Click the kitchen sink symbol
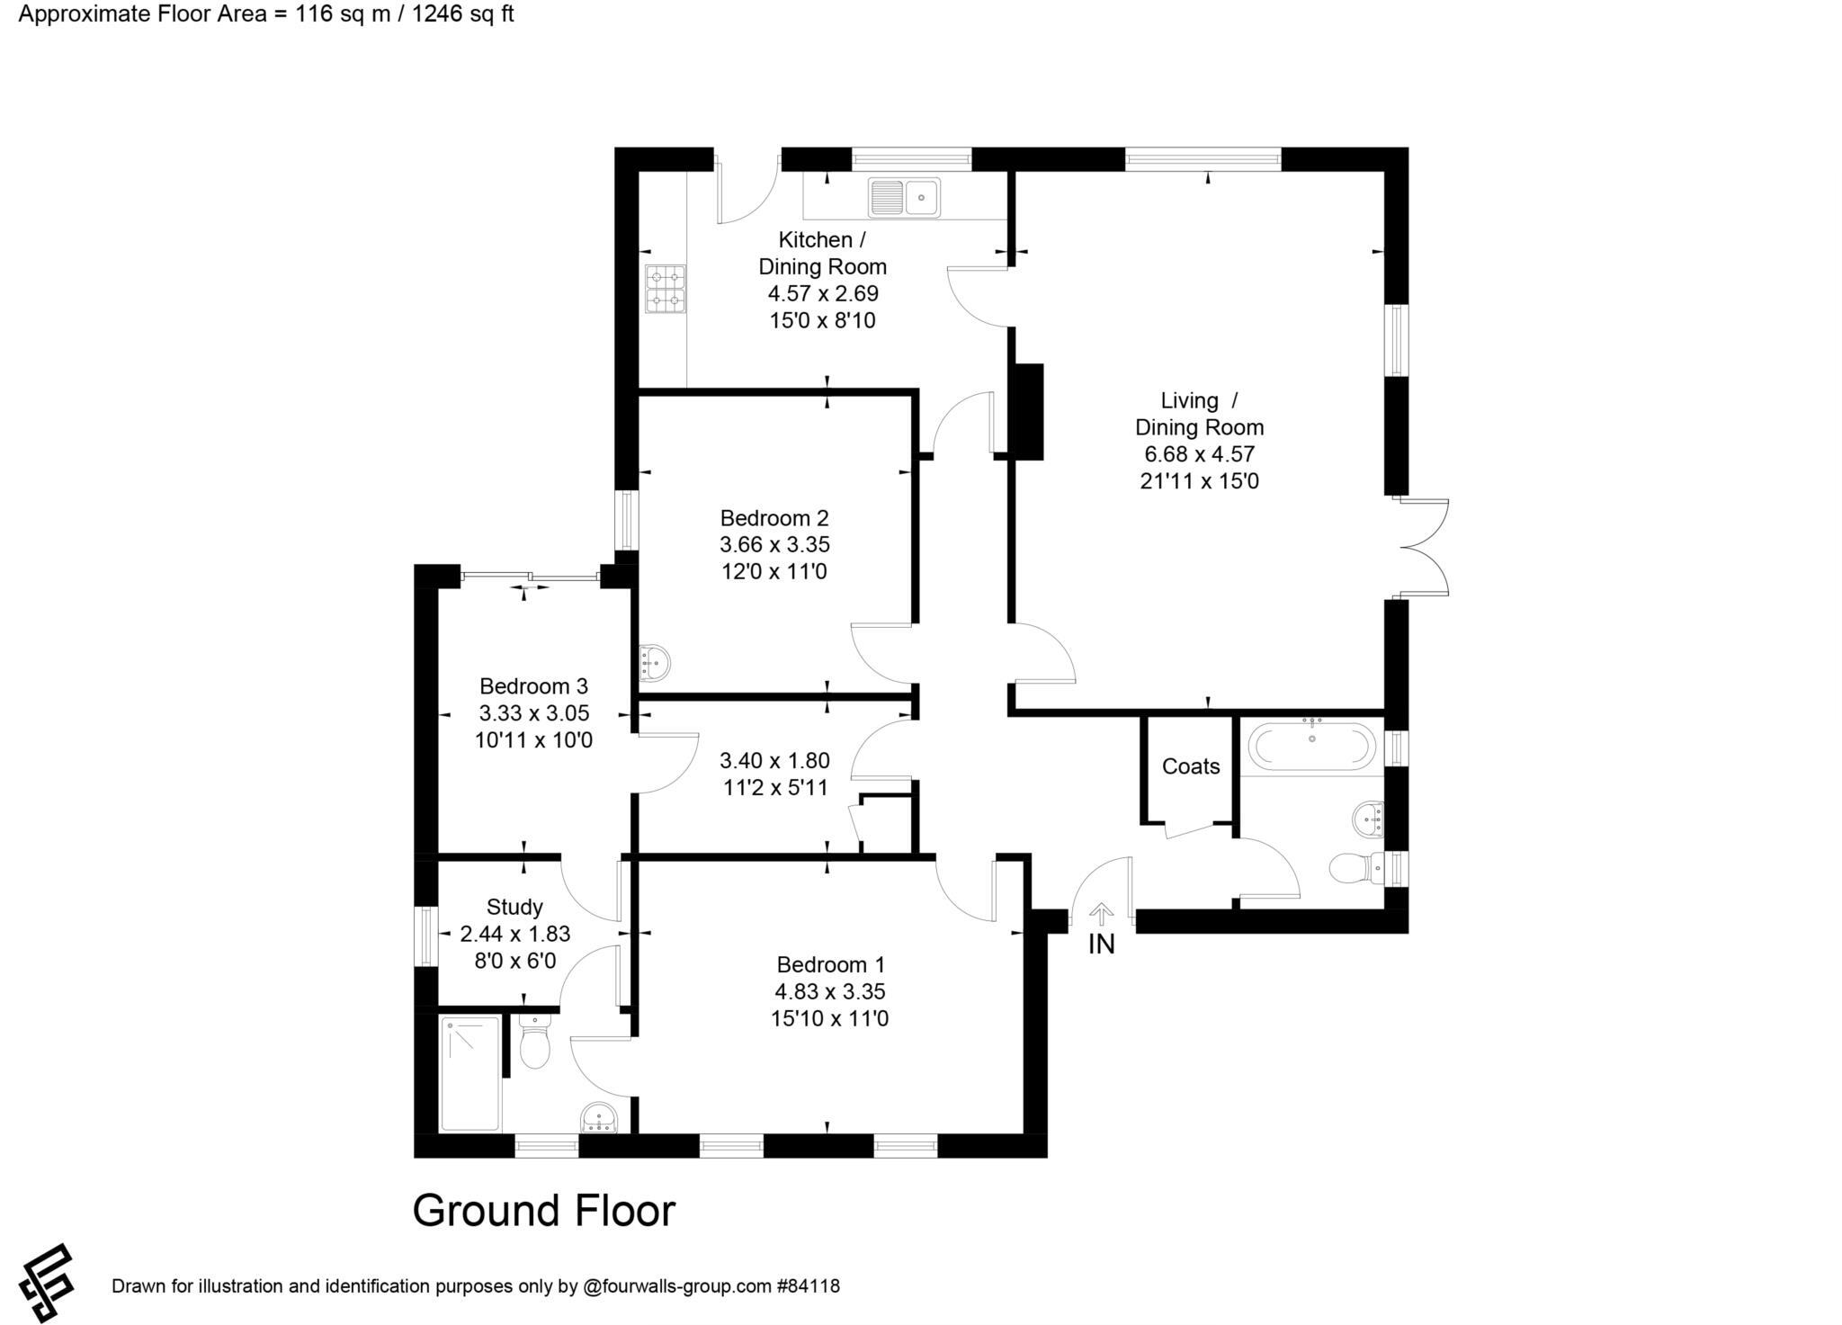tap(904, 197)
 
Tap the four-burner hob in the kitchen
tap(665, 289)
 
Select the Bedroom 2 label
tap(773, 518)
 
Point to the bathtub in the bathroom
tap(1311, 746)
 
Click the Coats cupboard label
tap(1190, 766)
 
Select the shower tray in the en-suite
tap(469, 1073)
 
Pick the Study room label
tap(514, 907)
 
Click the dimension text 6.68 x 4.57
tap(1199, 454)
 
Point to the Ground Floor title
tap(543, 1211)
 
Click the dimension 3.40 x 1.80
tap(774, 761)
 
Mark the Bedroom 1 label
tap(830, 965)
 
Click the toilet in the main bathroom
tap(1355, 868)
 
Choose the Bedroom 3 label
tap(533, 686)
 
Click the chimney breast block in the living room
tap(1028, 411)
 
